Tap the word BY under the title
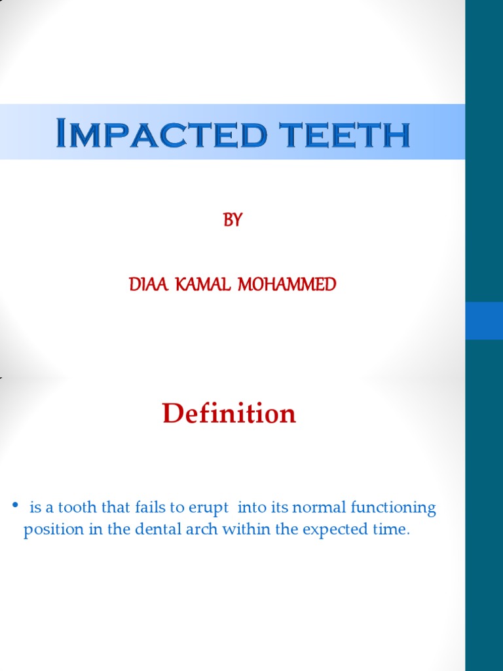click(233, 221)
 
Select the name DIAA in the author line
click(149, 284)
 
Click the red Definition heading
click(229, 413)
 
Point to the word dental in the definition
click(150, 529)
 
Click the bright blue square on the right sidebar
click(484, 320)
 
